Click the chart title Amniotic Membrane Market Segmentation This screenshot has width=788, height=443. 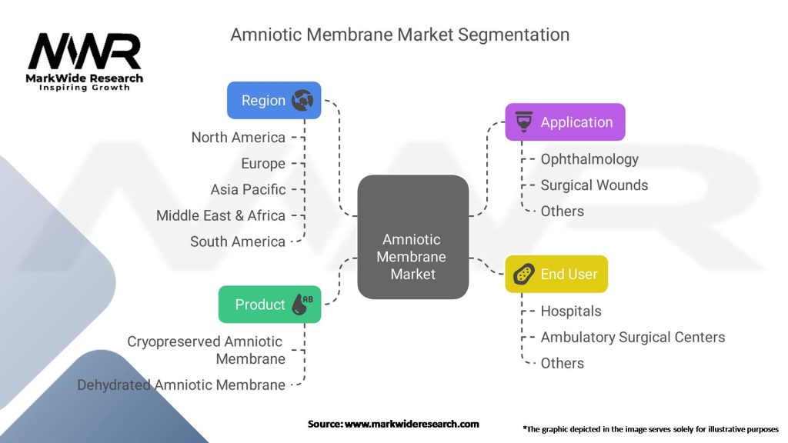(400, 35)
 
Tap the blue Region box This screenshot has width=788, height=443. (273, 101)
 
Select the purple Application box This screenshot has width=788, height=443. (565, 122)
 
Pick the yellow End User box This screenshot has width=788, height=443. (556, 274)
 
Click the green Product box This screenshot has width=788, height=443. (269, 305)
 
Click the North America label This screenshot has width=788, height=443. (238, 138)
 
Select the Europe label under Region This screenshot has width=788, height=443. (262, 164)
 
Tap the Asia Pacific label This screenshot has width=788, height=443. (248, 189)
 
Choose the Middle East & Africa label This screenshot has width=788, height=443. (220, 215)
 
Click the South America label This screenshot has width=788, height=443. (237, 241)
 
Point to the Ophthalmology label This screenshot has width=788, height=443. (589, 159)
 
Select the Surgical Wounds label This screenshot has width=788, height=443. (594, 185)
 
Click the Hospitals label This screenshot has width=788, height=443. (571, 311)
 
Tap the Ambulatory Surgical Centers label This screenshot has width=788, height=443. (633, 337)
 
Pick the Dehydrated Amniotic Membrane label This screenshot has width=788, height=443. (181, 385)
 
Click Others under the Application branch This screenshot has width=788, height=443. (562, 212)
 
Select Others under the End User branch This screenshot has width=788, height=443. (562, 363)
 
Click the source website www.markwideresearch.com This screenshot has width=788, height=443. (412, 424)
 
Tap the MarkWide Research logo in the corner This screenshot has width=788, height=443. (85, 60)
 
